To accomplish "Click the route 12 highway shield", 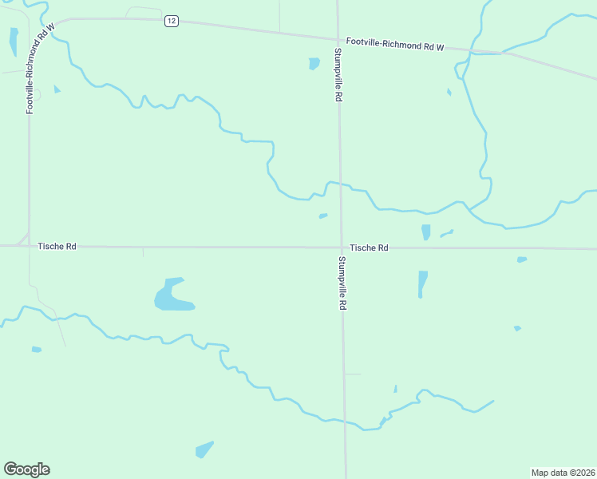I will tap(171, 21).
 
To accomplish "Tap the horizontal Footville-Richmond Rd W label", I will tap(394, 45).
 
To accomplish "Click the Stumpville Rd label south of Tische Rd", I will tap(342, 283).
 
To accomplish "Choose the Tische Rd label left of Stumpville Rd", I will tap(57, 247).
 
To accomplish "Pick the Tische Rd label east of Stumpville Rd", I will tap(369, 248).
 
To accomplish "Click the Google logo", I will tap(26, 469).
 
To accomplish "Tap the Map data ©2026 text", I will tap(563, 473).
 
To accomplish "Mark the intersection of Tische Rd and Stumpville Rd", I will tap(341, 247).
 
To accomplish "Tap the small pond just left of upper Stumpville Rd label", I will tap(314, 63).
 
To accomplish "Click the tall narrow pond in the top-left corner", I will tap(14, 41).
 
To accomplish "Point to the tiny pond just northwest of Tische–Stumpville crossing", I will tap(322, 216).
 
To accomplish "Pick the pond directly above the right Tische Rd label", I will tap(425, 232).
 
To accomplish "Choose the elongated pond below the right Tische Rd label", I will tap(422, 283).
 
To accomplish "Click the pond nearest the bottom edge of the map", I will tap(204, 449).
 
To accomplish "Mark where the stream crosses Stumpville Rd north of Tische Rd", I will tap(339, 184).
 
